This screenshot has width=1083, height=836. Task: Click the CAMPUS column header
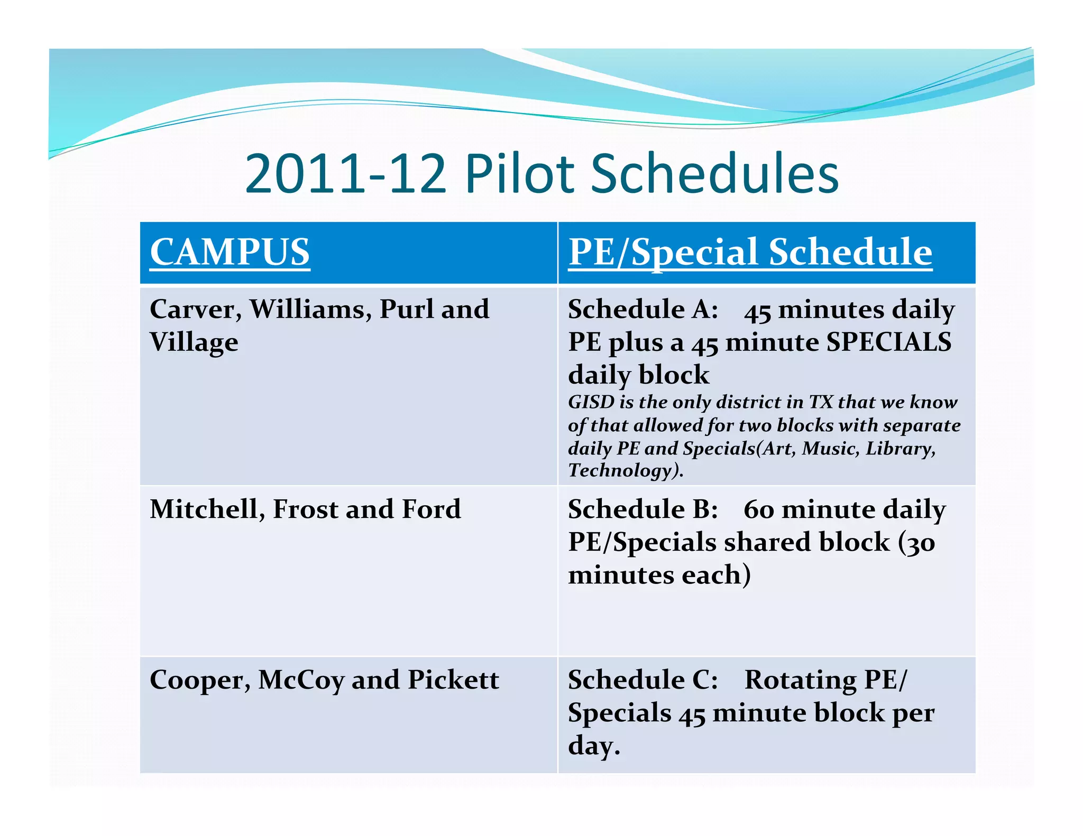point(230,252)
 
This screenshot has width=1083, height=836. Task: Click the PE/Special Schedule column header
point(750,252)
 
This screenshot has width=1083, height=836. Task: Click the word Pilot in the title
point(519,173)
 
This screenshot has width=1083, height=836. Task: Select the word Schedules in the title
point(714,173)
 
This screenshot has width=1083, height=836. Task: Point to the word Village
point(194,343)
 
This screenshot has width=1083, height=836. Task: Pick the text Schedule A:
point(643,310)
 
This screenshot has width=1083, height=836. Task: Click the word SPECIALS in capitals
point(888,342)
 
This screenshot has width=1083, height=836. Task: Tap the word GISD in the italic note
point(591,403)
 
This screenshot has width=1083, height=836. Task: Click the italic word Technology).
point(626,470)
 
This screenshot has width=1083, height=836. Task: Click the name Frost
point(305,510)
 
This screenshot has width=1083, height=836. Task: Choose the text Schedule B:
point(643,510)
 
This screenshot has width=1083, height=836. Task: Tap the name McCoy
point(301,681)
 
